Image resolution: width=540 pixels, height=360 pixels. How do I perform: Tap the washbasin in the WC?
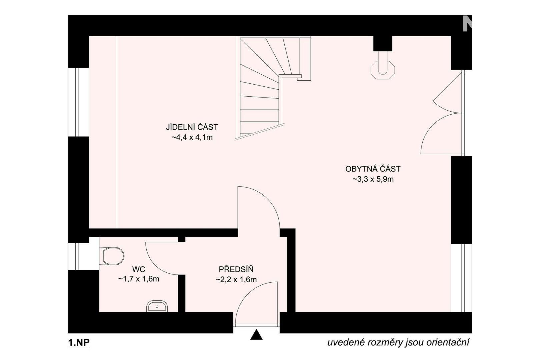(157, 306)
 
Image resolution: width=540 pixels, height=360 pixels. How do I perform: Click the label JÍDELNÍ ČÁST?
(192, 127)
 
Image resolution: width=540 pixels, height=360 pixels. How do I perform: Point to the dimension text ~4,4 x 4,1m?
(192, 138)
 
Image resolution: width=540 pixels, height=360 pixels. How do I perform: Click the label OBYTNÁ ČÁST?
(373, 169)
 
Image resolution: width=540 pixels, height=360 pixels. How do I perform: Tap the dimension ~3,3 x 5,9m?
(373, 179)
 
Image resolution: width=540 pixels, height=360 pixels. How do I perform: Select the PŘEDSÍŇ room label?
(236, 269)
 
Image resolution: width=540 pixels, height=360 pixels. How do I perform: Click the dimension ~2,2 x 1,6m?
(236, 279)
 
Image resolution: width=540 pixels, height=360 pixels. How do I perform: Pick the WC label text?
(139, 269)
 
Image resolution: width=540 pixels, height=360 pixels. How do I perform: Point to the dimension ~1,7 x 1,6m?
(139, 279)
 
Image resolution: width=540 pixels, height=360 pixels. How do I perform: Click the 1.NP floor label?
(79, 343)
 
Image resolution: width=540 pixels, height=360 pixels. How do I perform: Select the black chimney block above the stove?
(383, 44)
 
